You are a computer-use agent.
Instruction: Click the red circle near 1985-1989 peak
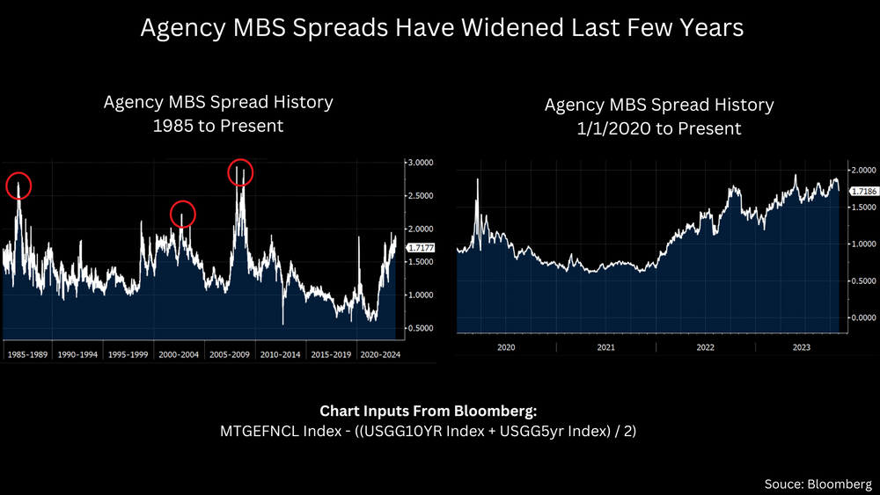pos(18,186)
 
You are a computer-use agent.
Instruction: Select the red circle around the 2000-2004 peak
pos(182,214)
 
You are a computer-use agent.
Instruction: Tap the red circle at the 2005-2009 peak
pos(239,172)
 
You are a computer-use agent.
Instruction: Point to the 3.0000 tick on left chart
pos(420,163)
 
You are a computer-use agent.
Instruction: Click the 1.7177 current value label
pos(420,249)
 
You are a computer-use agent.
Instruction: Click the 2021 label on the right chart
pos(605,348)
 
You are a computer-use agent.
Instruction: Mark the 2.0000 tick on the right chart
pos(861,170)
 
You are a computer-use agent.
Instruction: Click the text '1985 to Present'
pos(218,126)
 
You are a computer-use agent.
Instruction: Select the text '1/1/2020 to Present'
pos(659,128)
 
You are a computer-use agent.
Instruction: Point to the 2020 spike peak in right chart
pos(478,179)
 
